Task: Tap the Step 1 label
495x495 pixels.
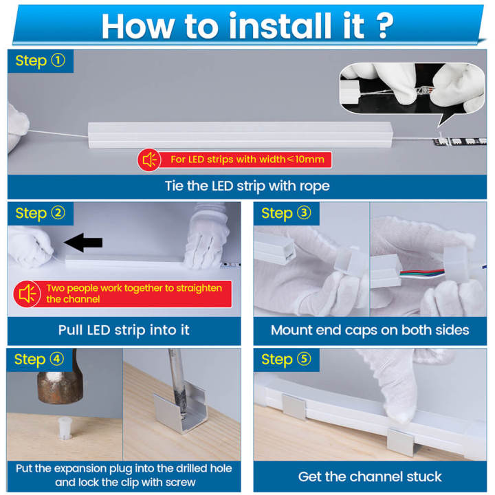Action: [41, 61]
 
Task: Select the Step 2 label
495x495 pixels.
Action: [41, 213]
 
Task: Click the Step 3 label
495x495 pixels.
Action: [286, 213]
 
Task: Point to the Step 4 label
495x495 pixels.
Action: [39, 360]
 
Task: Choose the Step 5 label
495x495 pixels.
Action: [286, 360]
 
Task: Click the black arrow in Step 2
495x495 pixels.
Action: [83, 243]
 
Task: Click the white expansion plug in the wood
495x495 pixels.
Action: [66, 428]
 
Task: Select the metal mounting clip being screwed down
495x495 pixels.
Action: [181, 410]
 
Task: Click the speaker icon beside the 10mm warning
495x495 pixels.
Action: [149, 159]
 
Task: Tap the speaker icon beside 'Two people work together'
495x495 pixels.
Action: [27, 294]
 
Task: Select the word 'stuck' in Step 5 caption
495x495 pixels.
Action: [423, 476]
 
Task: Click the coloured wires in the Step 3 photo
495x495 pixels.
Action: [422, 273]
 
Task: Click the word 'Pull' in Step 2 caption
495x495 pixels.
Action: [71, 330]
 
